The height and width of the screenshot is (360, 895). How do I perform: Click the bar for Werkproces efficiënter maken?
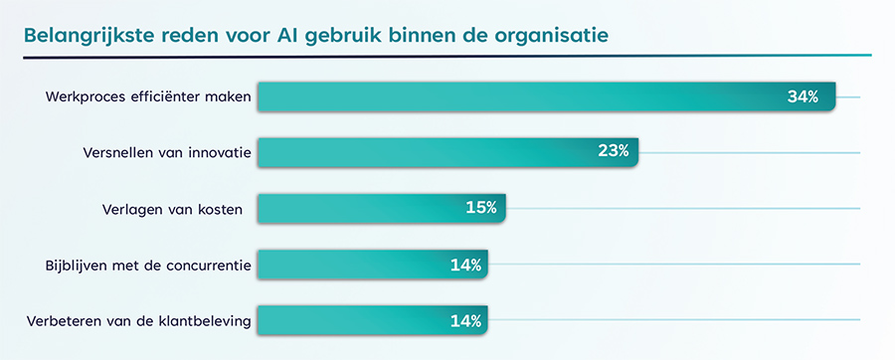517,96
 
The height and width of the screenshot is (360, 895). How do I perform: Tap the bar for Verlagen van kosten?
358,208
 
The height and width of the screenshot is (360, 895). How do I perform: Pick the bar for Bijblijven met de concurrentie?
348,265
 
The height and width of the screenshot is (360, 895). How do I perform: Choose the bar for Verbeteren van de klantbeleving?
348,320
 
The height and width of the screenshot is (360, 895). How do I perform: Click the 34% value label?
803,96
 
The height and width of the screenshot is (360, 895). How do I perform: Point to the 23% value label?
613,152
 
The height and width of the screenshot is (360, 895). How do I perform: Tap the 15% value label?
481,208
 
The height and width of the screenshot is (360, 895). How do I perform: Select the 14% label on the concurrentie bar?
465,265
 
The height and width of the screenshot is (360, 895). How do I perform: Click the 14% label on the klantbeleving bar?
465,320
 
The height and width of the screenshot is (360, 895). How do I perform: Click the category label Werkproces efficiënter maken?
149,97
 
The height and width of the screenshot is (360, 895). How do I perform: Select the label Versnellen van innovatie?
166,153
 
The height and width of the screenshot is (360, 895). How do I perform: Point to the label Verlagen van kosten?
173,209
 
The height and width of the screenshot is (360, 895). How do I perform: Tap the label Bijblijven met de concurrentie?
148,266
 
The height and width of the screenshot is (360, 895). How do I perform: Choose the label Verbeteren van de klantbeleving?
139,321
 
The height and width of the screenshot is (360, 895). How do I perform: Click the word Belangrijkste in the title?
90,36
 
